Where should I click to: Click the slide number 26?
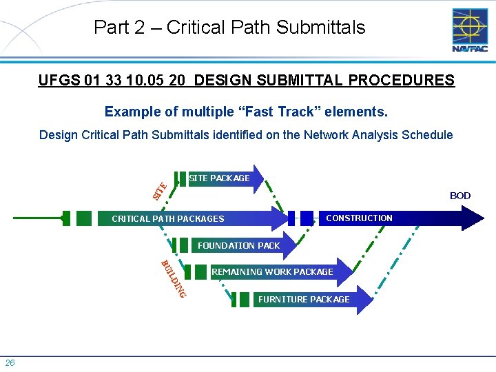[10, 363]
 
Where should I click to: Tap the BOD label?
[459, 196]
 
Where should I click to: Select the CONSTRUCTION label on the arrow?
[359, 218]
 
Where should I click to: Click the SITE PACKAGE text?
[219, 178]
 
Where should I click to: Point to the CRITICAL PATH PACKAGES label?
[168, 219]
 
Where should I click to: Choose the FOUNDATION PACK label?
[238, 245]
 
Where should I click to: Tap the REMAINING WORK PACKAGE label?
[272, 272]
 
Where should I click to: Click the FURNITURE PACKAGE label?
[303, 299]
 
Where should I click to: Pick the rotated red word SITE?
[159, 189]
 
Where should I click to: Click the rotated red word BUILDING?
[172, 279]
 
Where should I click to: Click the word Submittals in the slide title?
[320, 28]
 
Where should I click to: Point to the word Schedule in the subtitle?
[429, 135]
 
